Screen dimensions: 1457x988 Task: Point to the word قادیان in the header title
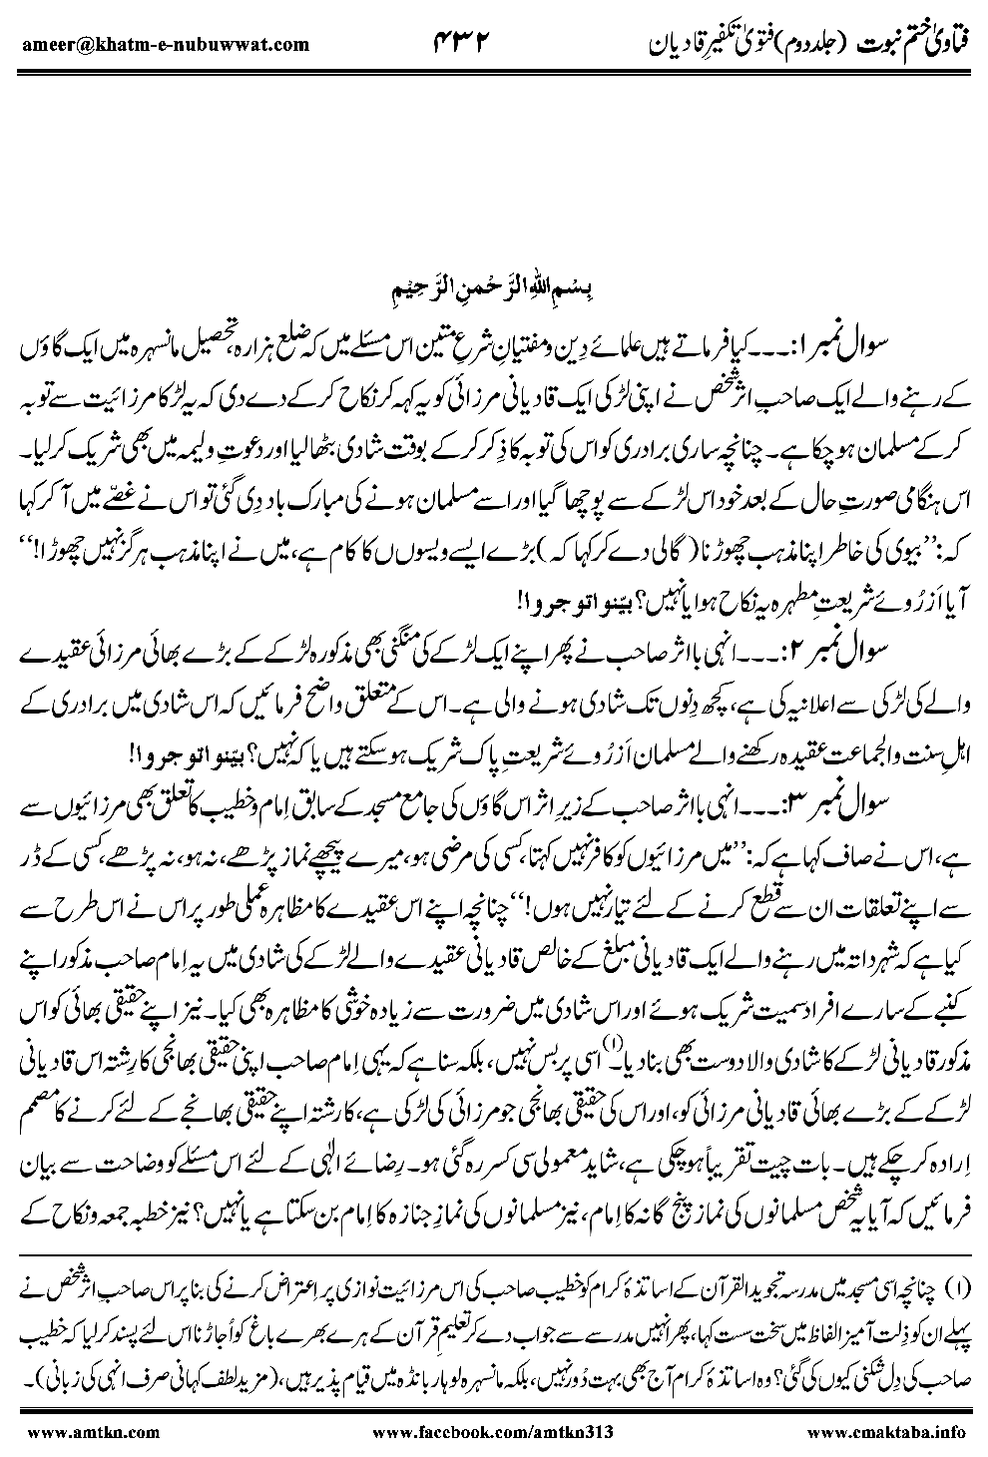[x=663, y=42]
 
